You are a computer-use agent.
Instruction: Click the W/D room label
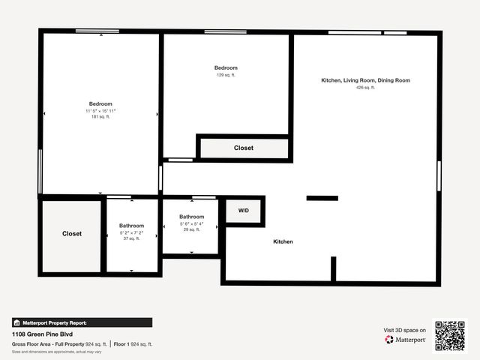[244, 211]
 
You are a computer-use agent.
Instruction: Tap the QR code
[450, 335]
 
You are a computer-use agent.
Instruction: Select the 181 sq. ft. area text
[100, 117]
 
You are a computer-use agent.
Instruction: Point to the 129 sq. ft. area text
[226, 75]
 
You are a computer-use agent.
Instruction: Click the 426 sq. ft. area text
[365, 88]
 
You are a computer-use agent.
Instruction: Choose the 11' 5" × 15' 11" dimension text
[100, 111]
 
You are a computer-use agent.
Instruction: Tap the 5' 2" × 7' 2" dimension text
[131, 232]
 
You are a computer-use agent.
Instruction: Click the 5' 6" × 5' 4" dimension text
[191, 224]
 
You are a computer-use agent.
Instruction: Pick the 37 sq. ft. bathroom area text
[131, 238]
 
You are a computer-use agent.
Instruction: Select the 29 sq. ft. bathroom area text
[191, 230]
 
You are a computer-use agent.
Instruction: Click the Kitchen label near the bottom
[283, 241]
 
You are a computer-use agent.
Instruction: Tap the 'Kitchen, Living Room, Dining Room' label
[365, 80]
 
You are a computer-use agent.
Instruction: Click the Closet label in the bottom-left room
[72, 234]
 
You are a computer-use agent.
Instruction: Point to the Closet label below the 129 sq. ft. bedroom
[244, 148]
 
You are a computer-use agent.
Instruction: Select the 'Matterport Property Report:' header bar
[82, 322]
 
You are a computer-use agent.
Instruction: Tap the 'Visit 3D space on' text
[405, 330]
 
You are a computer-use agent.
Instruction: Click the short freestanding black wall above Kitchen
[322, 198]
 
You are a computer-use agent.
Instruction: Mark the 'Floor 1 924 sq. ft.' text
[133, 343]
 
